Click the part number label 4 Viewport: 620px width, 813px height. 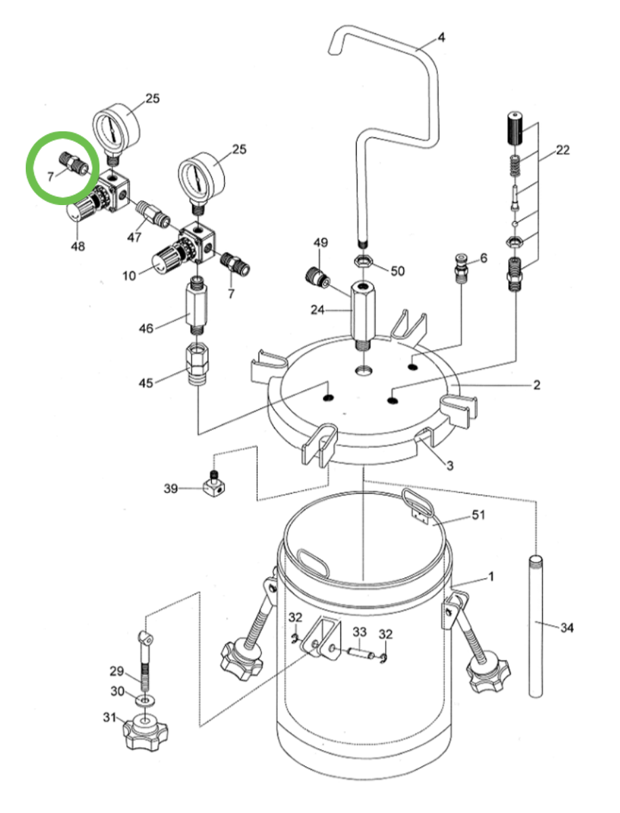(x=441, y=38)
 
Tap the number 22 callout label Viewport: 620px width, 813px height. (x=562, y=150)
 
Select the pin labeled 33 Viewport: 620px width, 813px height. (x=361, y=653)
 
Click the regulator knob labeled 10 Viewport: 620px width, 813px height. (x=164, y=261)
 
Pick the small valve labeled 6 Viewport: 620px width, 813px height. (x=462, y=268)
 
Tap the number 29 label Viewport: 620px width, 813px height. (x=116, y=672)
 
